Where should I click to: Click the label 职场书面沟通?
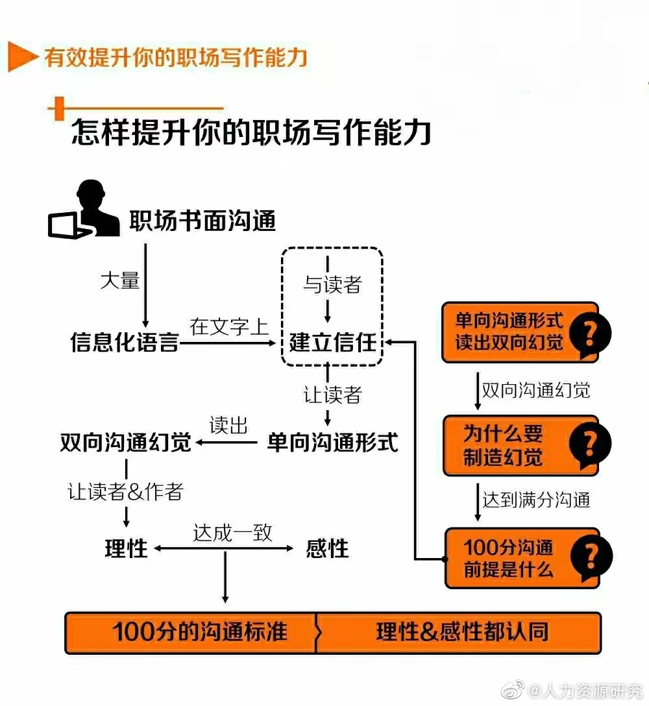[202, 221]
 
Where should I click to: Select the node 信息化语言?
[125, 342]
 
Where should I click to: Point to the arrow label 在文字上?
[229, 327]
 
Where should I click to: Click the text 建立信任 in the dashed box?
[332, 342]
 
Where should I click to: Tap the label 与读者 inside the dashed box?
[332, 284]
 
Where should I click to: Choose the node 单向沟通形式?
[332, 442]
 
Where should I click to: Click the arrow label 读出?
[228, 425]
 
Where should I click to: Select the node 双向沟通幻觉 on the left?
[126, 442]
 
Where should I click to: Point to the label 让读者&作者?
[126, 491]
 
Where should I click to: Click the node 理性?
[126, 549]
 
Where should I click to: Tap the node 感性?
[327, 549]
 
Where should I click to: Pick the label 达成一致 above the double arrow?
[232, 533]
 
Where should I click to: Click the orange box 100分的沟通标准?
[191, 632]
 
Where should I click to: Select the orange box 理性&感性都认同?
[459, 632]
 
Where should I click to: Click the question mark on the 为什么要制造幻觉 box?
[590, 445]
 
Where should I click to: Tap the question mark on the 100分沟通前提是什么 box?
[591, 557]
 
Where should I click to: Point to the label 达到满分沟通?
[536, 500]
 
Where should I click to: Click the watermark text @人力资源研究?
[585, 690]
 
